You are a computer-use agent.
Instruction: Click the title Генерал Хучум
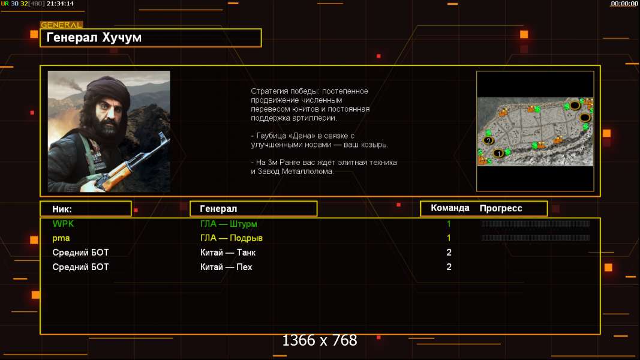tap(94, 38)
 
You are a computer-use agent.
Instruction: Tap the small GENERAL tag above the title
tap(62, 25)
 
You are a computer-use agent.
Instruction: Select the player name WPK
tap(63, 224)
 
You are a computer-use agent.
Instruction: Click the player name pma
tap(61, 238)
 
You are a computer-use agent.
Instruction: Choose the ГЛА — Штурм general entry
tap(229, 224)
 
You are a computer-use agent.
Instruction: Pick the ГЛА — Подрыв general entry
tap(232, 238)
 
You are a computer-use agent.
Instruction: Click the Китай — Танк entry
tap(228, 252)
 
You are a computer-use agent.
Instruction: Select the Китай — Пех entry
tap(226, 267)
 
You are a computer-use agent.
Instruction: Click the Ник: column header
tap(62, 209)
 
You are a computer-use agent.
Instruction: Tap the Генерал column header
tap(218, 209)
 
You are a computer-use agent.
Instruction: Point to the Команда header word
tap(450, 208)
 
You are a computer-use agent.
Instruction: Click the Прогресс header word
tap(501, 208)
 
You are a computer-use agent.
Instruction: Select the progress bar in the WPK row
tap(536, 224)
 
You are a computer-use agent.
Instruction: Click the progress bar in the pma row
tap(536, 238)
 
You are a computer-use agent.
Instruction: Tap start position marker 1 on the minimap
tap(498, 154)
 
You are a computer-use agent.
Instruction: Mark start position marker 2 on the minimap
tap(489, 141)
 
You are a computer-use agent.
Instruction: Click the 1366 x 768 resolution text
tap(320, 340)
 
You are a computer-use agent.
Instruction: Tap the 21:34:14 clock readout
tap(60, 4)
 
